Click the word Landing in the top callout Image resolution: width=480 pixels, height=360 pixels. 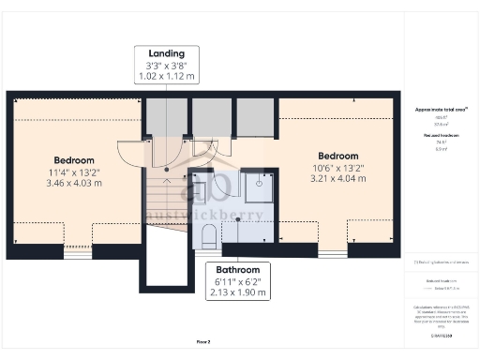click(x=165, y=53)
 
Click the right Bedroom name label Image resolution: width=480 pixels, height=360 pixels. click(x=337, y=156)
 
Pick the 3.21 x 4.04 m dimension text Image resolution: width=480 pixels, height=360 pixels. click(x=337, y=179)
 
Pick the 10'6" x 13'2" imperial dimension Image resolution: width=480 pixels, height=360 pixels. click(x=337, y=168)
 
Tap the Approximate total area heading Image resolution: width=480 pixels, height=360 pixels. click(x=440, y=110)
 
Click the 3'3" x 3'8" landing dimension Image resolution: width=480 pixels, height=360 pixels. click(x=165, y=66)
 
